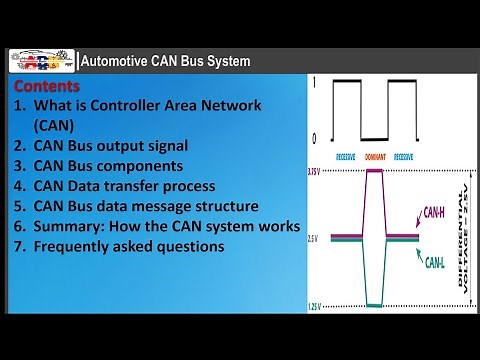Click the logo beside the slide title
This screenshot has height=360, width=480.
point(42,61)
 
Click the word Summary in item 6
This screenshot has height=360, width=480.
point(68,227)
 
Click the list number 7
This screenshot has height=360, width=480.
point(20,247)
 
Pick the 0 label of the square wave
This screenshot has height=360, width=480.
point(317,138)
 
